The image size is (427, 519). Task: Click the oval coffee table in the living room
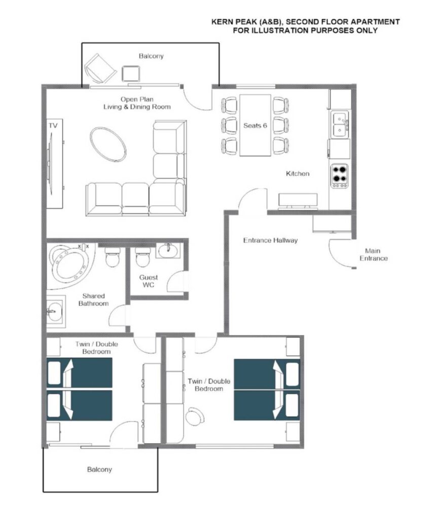coord(108,144)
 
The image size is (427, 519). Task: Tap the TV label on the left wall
coord(53,126)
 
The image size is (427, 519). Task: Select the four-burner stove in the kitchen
coord(340,176)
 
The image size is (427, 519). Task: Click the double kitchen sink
coord(340,124)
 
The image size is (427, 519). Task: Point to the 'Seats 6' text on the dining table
coord(255,126)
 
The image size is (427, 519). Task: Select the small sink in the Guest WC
coord(168,250)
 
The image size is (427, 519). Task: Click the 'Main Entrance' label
coord(373,254)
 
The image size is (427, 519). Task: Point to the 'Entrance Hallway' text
coord(270,240)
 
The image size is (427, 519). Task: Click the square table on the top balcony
coord(131,74)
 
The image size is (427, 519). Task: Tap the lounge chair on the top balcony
coord(100,68)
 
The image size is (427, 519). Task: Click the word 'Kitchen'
coord(298,173)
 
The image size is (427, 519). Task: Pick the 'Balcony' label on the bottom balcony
coord(99,469)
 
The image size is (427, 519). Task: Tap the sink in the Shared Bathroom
coord(55,312)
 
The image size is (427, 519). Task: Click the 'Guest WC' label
coord(149,281)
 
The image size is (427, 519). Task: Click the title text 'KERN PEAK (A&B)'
coord(247,22)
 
